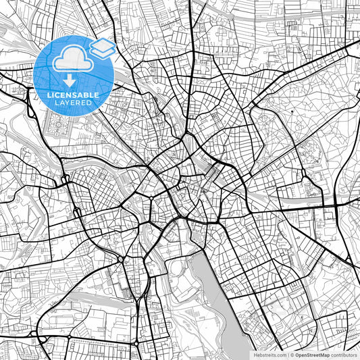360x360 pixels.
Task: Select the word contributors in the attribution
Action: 345,355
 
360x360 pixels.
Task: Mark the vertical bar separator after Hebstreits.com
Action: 289,355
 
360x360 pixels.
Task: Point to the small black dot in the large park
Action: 290,111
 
